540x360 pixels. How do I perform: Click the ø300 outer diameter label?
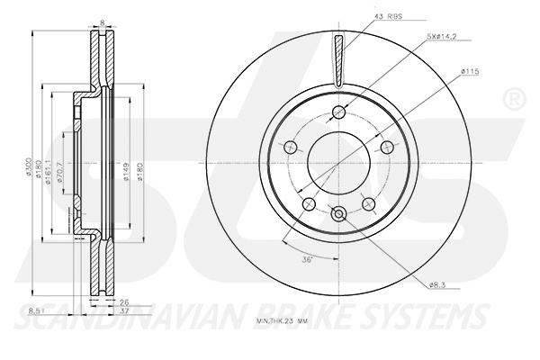31,166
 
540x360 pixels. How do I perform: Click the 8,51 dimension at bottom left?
35,310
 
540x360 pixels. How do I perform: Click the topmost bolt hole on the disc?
338,112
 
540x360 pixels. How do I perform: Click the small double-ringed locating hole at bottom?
338,214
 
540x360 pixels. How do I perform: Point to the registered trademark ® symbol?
514,95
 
